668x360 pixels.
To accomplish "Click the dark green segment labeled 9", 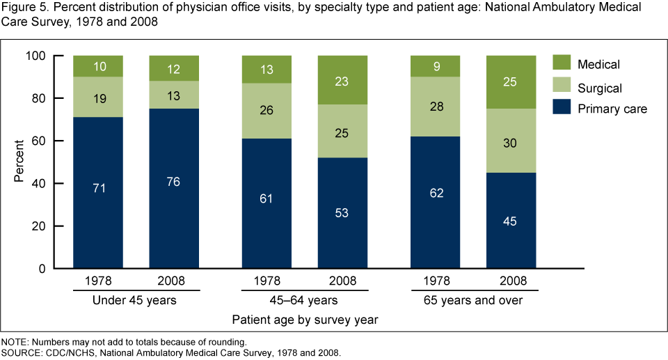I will [x=436, y=66].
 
